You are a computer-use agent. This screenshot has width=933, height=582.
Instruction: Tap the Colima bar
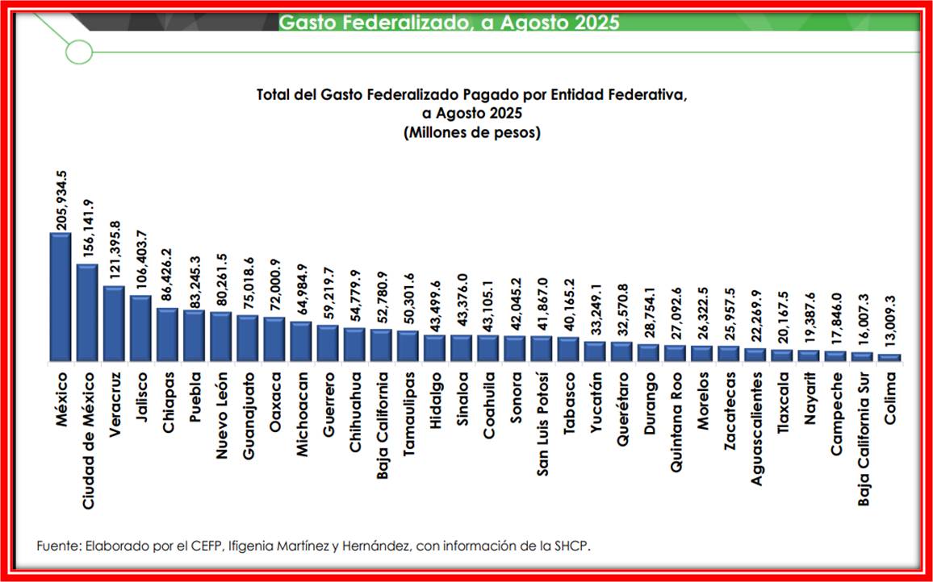tap(889, 357)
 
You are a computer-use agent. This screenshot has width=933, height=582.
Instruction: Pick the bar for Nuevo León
tap(220, 336)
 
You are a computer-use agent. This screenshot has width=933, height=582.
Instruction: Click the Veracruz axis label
tap(115, 402)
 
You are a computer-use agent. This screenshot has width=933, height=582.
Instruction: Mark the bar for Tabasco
tap(568, 349)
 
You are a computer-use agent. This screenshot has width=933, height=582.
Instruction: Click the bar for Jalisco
tap(140, 328)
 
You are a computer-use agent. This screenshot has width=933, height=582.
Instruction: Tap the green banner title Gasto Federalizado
tap(449, 22)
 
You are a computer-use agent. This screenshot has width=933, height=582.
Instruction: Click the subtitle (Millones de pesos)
tap(471, 132)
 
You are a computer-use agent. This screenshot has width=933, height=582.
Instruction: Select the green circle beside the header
tap(79, 52)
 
